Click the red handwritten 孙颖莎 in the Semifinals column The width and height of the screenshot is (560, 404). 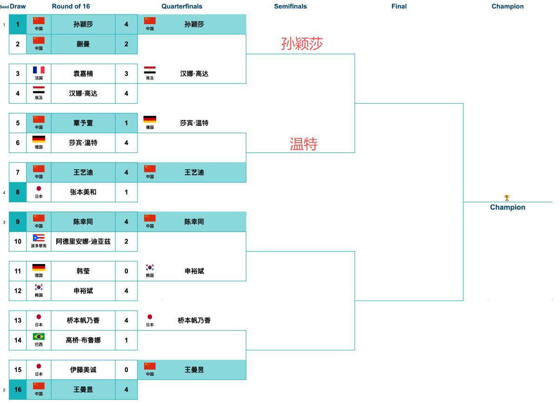(302, 44)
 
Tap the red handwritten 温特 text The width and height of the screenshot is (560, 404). (303, 144)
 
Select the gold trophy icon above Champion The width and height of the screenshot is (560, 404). (507, 198)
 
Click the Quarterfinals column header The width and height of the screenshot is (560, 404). (182, 7)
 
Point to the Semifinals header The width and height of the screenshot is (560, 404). (290, 7)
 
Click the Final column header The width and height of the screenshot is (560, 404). (399, 7)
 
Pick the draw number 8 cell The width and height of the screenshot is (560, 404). (18, 192)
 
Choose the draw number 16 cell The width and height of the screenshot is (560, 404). (18, 390)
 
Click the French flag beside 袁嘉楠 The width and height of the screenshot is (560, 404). (39, 71)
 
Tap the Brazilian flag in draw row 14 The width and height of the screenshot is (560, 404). (39, 337)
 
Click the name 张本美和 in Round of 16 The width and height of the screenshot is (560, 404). (83, 192)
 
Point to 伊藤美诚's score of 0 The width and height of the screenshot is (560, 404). (126, 370)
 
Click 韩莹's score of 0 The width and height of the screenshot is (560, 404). (126, 271)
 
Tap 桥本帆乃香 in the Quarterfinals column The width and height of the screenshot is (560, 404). (194, 320)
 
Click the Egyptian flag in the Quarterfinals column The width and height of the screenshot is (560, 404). (150, 71)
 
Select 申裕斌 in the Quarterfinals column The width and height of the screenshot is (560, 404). (194, 271)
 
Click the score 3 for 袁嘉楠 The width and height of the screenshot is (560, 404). (126, 73)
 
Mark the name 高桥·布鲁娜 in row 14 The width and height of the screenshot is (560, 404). (83, 340)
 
